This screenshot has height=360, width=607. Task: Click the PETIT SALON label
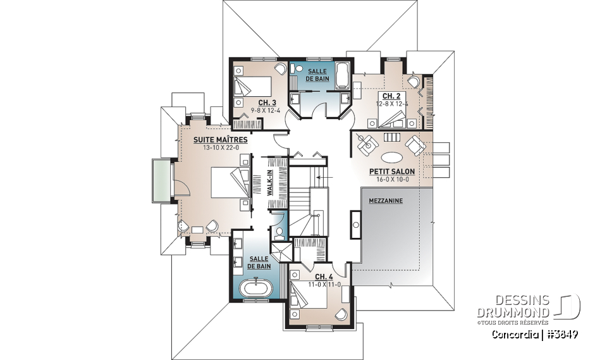tap(392, 171)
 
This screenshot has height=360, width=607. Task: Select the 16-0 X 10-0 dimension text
tap(392, 179)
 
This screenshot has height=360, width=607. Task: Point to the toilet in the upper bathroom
tap(300, 70)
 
